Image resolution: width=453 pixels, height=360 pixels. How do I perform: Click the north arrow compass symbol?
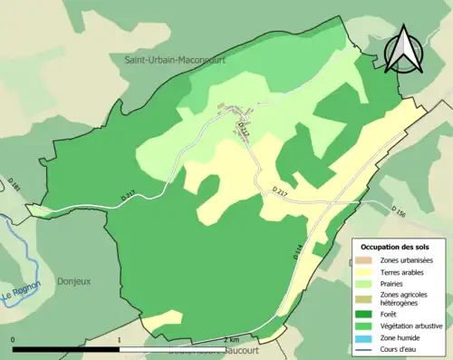(402, 50)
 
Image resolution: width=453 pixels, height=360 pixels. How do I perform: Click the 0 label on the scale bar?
(13, 340)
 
